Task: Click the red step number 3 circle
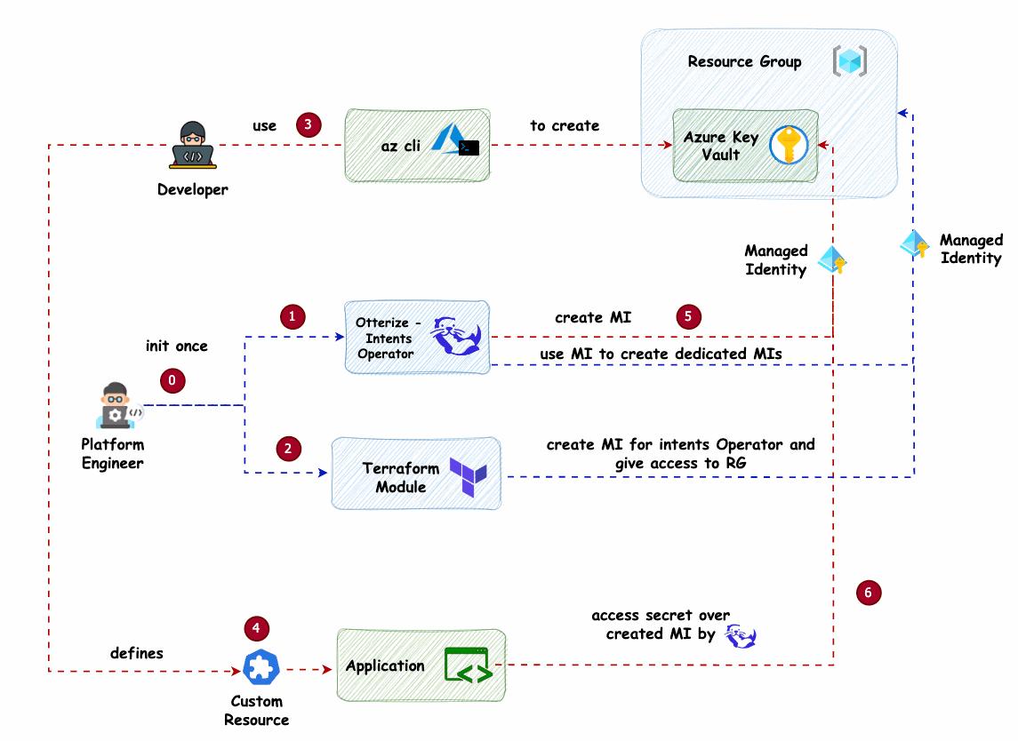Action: tap(308, 124)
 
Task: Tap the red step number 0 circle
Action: tap(172, 380)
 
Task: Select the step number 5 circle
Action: tap(688, 316)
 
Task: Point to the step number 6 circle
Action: tap(869, 592)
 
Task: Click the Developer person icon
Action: tap(193, 146)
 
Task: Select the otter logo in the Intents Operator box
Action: tap(456, 336)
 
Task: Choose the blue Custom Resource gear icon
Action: tap(261, 667)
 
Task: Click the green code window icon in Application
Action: tap(468, 666)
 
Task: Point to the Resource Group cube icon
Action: tap(849, 61)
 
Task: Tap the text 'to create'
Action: tap(565, 125)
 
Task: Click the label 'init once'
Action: tap(177, 346)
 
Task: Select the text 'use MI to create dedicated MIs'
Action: tap(661, 355)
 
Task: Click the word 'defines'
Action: tap(137, 653)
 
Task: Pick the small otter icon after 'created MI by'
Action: tap(741, 635)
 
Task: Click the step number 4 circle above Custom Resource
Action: tap(256, 628)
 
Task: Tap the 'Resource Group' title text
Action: tap(744, 61)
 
